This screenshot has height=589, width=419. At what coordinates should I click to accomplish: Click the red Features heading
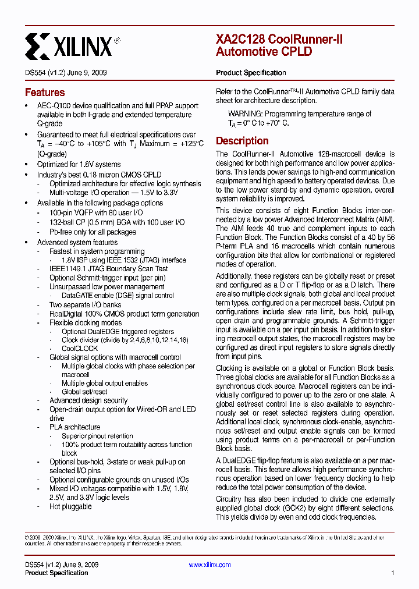tap(45, 93)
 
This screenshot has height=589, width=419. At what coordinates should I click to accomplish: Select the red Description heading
tap(242, 141)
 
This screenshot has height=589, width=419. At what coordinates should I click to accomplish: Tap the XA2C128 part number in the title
tap(240, 40)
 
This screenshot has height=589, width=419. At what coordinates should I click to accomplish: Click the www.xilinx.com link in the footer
tap(210, 565)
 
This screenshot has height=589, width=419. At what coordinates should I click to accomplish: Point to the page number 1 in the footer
tap(393, 573)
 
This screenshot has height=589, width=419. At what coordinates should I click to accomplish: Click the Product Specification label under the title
tap(251, 73)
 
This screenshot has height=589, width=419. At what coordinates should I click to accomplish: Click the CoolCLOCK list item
tap(80, 349)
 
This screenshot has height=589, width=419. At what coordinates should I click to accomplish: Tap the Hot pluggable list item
tap(70, 506)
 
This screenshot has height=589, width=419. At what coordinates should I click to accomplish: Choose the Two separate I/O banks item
tap(85, 305)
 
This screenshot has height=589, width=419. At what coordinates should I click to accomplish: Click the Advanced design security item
tap(88, 400)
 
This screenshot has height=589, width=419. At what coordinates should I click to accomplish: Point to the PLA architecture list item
tap(74, 427)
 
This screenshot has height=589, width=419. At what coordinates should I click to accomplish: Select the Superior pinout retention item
tap(97, 435)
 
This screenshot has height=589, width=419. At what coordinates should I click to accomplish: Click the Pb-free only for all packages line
tap(93, 232)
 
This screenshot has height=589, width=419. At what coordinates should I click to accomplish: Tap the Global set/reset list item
tap(84, 392)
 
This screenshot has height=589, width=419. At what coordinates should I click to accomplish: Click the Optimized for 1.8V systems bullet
tap(79, 164)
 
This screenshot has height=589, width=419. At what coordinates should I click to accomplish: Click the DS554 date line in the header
tap(66, 73)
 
